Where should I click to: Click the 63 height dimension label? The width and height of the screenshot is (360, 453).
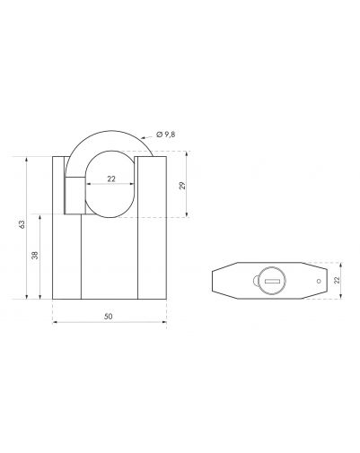click(x=22, y=224)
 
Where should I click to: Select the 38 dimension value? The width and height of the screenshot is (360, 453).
click(x=35, y=255)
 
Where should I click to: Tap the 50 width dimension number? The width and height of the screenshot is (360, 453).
click(x=109, y=317)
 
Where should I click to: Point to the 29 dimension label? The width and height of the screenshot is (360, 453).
click(x=182, y=186)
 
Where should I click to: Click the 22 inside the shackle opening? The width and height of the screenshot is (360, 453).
click(x=111, y=179)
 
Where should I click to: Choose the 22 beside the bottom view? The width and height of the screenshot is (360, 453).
click(x=337, y=280)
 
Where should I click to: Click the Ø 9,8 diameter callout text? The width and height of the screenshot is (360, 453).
click(x=166, y=135)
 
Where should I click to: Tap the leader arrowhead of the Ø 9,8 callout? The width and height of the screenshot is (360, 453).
click(x=143, y=138)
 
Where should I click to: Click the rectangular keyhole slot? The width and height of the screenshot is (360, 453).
click(x=272, y=281)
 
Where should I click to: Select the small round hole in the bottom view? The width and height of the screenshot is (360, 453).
click(x=319, y=281)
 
